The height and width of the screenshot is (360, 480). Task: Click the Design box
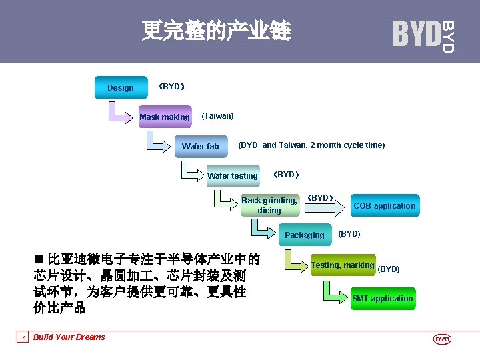[x=121, y=88]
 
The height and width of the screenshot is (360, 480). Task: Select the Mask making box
[x=165, y=117]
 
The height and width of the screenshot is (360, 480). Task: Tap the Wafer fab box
[x=200, y=147]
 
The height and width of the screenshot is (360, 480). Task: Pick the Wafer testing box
[x=233, y=176]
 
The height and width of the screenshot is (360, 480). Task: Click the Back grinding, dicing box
[x=269, y=205]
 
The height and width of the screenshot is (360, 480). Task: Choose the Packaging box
[x=304, y=235]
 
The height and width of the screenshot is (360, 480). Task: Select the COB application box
[x=384, y=206]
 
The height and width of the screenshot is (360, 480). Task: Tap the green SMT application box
[x=383, y=298]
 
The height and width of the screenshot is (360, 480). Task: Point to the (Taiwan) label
[x=217, y=116]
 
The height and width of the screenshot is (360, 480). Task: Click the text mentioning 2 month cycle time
[x=311, y=145]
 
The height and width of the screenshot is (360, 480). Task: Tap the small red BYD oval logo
[x=443, y=339]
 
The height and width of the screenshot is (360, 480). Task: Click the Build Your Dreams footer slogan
[x=69, y=337]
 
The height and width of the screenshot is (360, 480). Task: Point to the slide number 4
[x=24, y=338]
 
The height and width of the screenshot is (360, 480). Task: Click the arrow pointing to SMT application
[x=337, y=293]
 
